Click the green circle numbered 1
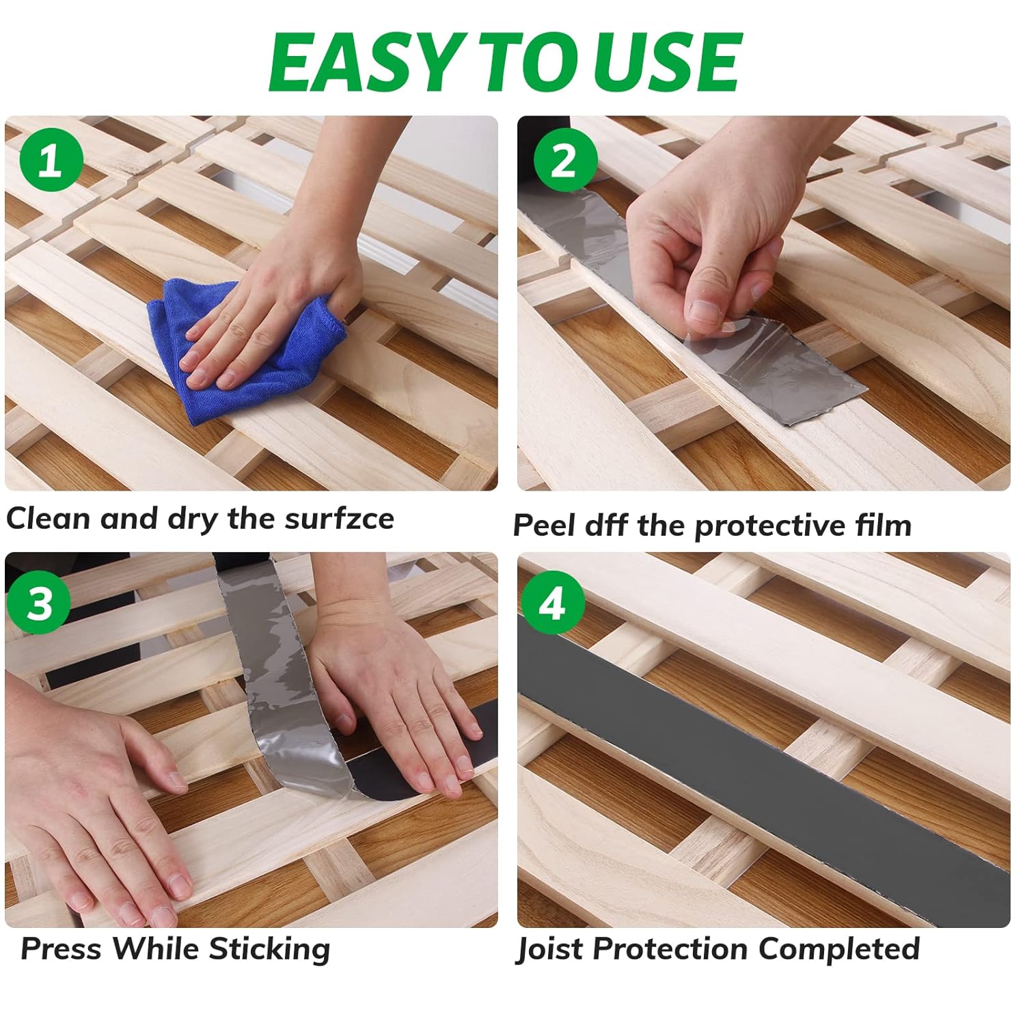(51, 163)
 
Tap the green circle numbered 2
(564, 163)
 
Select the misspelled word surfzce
(339, 519)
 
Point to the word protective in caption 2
(769, 527)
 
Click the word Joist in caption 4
(551, 950)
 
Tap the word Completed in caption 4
(838, 950)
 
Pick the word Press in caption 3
(61, 949)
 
